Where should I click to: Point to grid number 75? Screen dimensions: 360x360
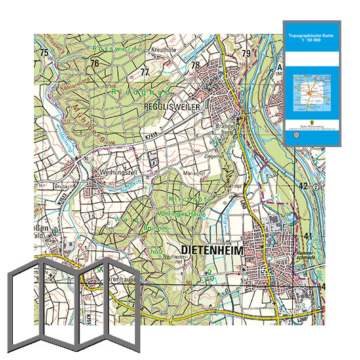[44, 53]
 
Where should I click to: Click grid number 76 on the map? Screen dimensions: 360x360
[95, 63]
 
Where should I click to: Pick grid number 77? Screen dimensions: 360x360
[144, 72]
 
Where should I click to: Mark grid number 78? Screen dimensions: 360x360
[195, 65]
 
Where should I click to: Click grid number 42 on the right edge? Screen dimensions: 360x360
[304, 185]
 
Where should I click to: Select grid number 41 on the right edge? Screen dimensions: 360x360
[308, 235]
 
